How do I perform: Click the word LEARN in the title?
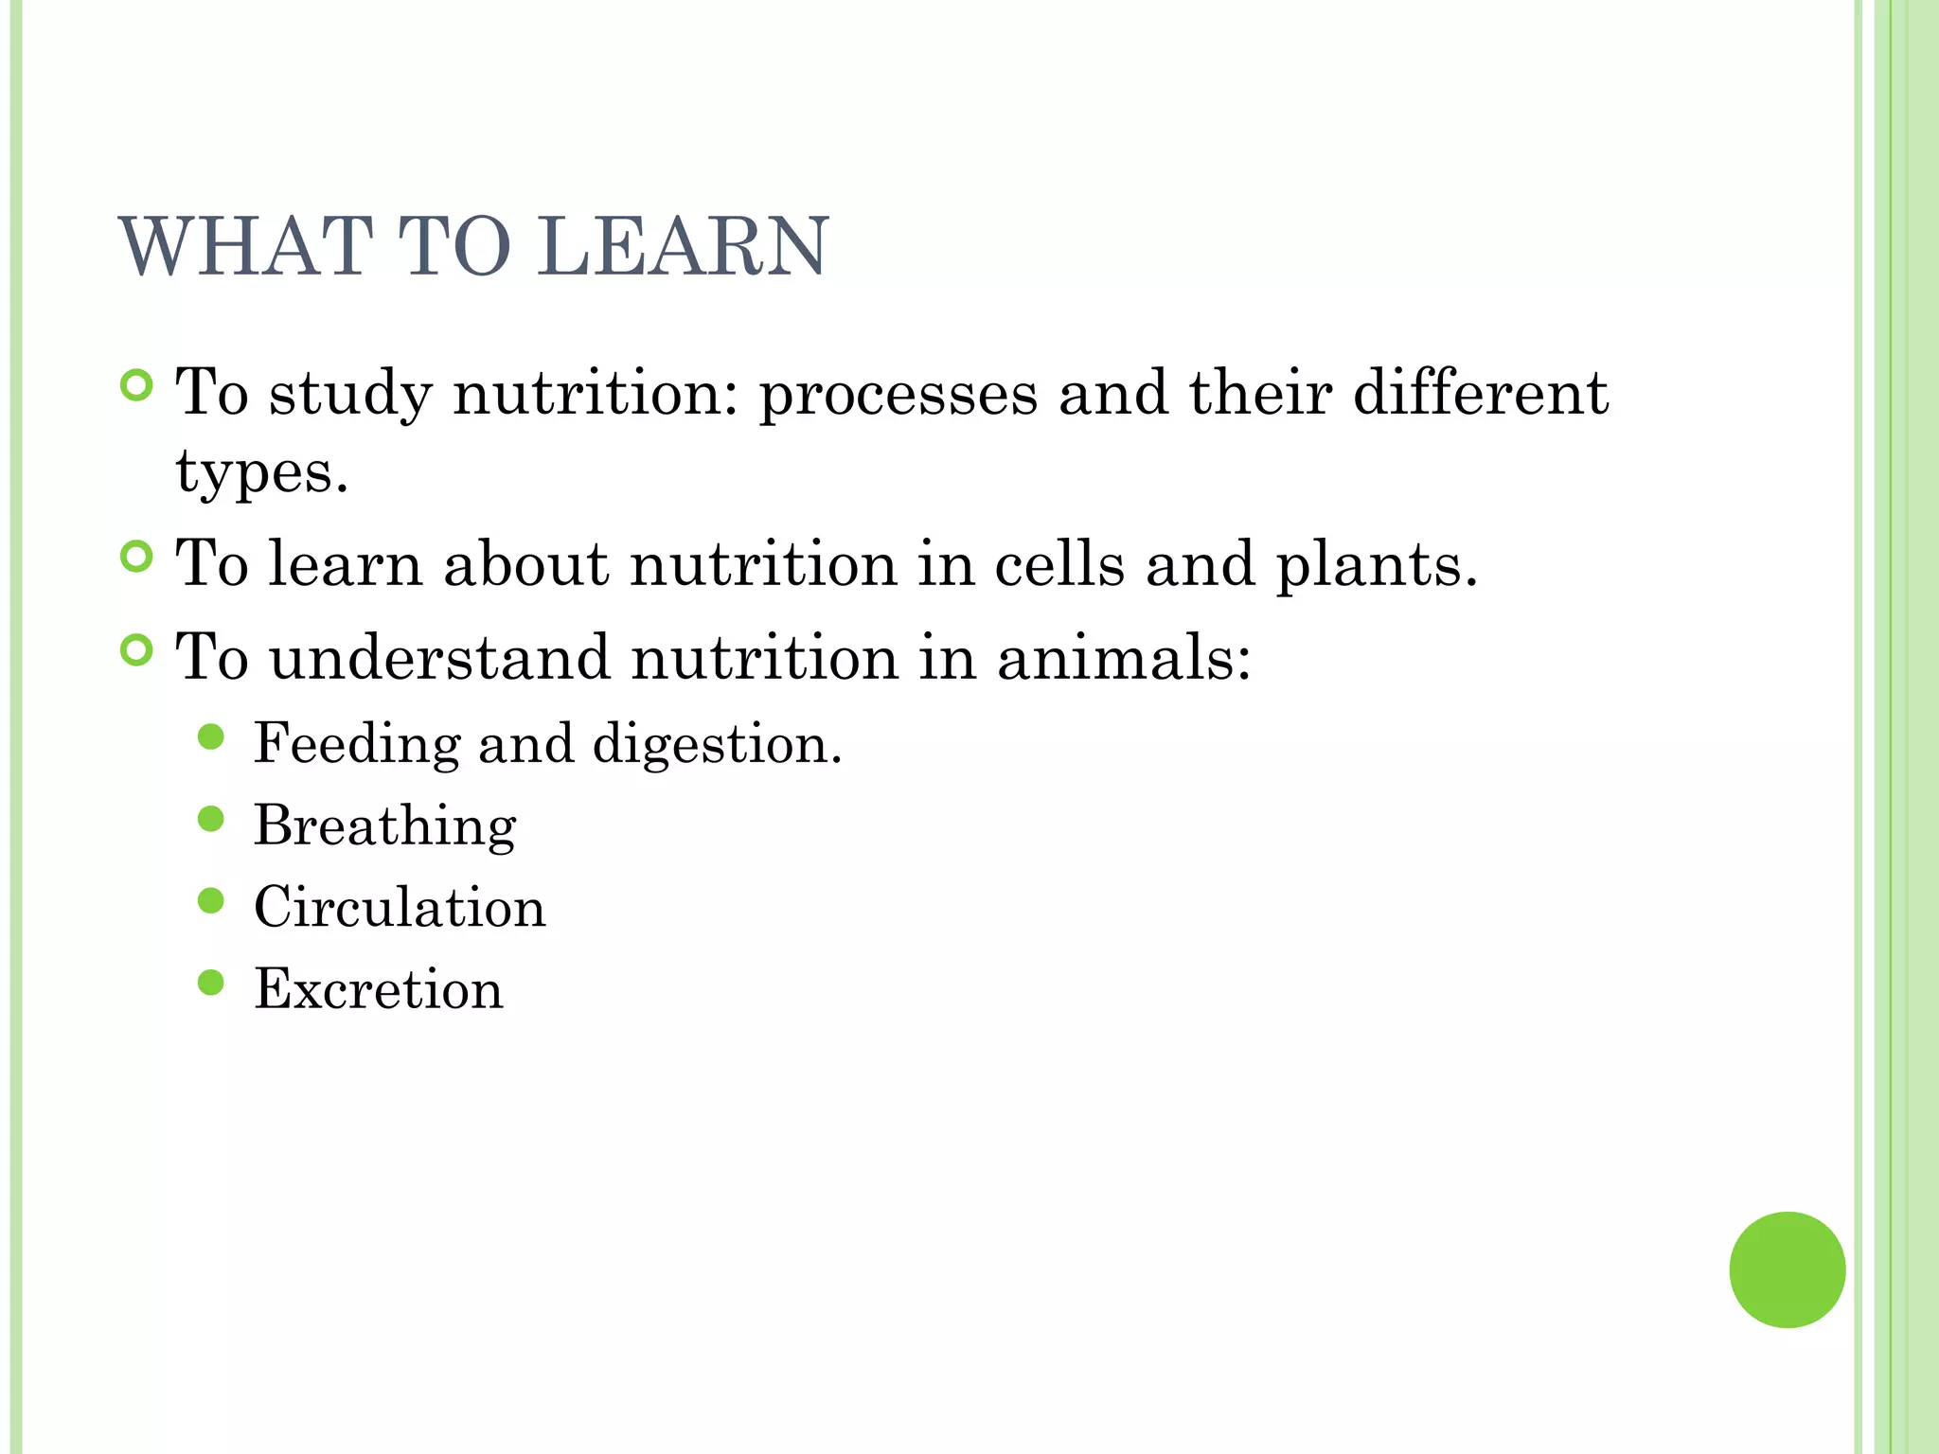683,247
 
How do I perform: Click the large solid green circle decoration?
1787,1269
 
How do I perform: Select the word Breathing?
384,826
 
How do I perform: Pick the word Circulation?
400,908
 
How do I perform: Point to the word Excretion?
379,989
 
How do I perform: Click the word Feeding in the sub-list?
356,743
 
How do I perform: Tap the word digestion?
716,745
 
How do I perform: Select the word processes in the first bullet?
898,394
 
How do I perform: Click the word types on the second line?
261,471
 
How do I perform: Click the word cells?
1059,564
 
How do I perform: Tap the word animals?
1123,658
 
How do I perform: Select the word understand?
440,658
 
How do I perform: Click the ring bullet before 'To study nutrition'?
137,385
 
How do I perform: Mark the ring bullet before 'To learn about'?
137,557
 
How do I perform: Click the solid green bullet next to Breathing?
211,819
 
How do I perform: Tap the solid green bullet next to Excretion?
211,983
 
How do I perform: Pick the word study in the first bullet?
351,394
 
